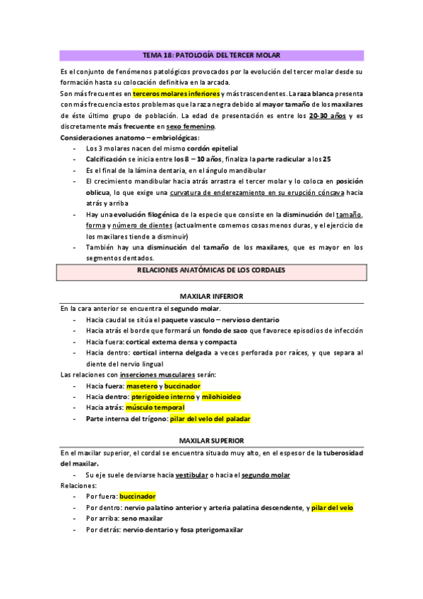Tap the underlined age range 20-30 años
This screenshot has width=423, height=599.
(x=328, y=116)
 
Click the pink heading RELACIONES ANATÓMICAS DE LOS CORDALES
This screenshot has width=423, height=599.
(x=211, y=271)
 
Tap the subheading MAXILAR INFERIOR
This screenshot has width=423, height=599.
(x=211, y=297)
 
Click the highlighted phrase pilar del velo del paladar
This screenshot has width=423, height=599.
(x=210, y=419)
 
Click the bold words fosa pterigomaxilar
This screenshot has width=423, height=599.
(x=211, y=529)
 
